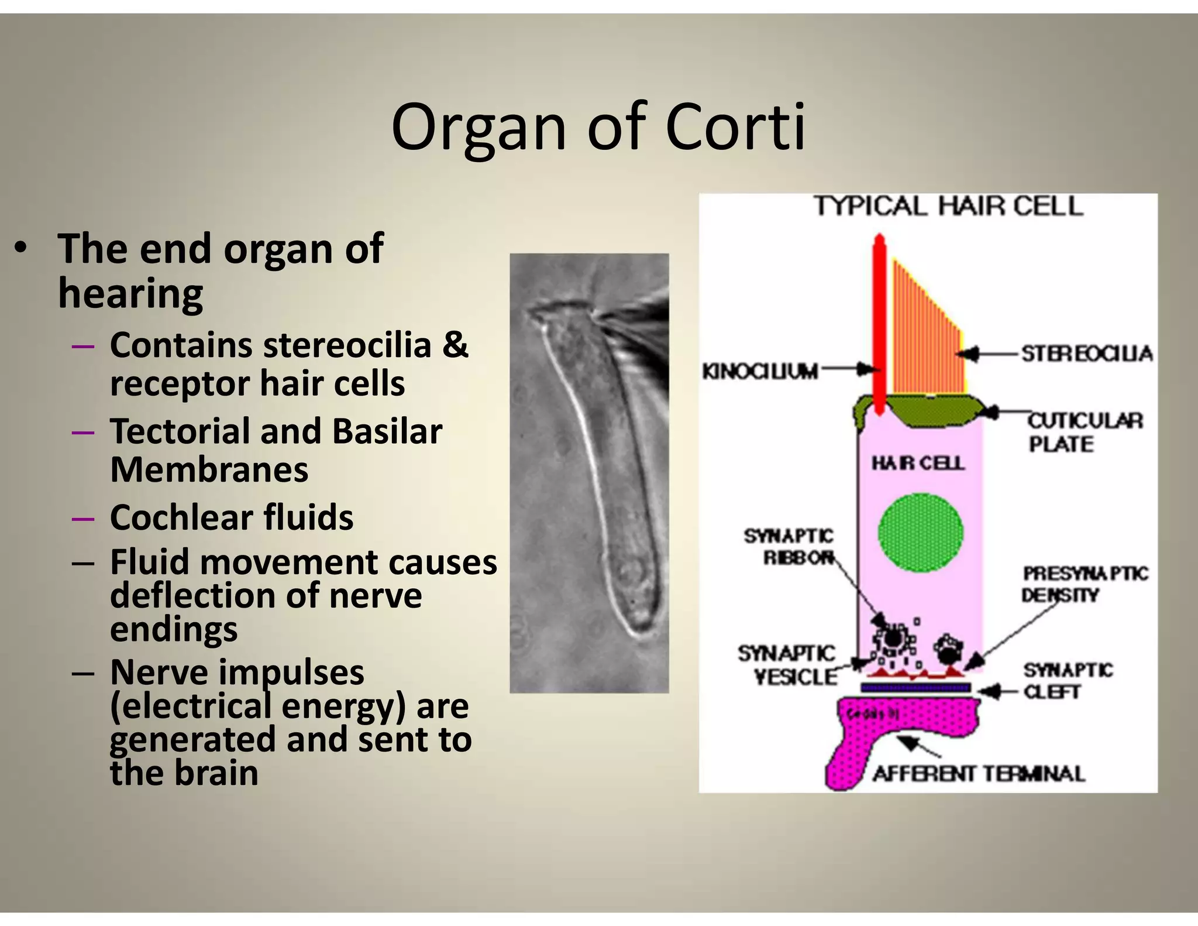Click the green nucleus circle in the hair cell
(920, 532)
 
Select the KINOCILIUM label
(760, 371)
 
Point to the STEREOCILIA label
(1086, 354)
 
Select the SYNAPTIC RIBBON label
(789, 546)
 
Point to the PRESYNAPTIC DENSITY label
(1084, 584)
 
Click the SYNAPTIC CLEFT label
(1067, 680)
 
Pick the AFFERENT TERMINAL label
(979, 774)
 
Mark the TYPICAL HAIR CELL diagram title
(948, 207)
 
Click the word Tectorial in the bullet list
(180, 431)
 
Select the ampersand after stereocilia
(455, 344)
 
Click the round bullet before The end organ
(21, 248)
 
